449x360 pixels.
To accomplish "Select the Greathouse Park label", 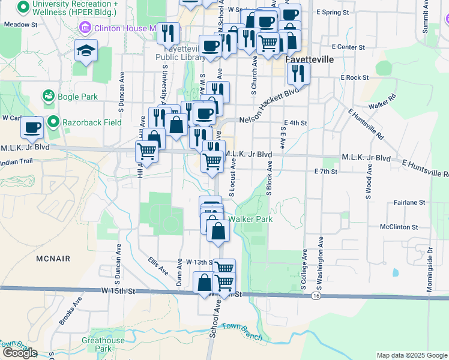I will [x=103, y=344].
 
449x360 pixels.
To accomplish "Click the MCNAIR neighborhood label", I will [x=52, y=259].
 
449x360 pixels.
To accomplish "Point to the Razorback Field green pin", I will [x=54, y=122].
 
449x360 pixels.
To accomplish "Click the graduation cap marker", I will [x=86, y=50].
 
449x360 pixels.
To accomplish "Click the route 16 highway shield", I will [x=316, y=296].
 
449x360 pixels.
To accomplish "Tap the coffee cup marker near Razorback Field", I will [x=32, y=127].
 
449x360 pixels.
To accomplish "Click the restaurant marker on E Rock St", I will [x=298, y=74].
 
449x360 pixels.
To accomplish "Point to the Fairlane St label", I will [x=410, y=203].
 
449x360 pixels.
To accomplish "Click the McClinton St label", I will [x=399, y=227].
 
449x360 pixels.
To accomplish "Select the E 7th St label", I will [x=326, y=172].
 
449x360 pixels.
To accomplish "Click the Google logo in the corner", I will [x=19, y=353].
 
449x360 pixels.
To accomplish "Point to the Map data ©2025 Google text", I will [x=412, y=355].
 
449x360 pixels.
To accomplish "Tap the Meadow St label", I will [x=20, y=25].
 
